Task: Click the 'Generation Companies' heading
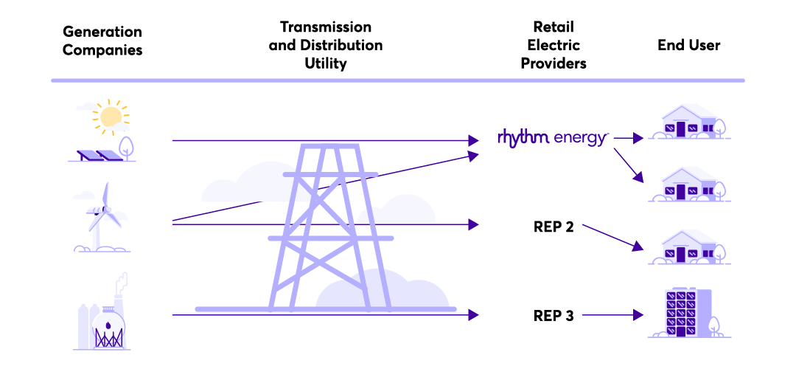point(102,41)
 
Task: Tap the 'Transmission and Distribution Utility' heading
point(326,45)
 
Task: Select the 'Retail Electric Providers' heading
point(554,45)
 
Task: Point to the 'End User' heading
point(689,45)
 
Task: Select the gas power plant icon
point(104,317)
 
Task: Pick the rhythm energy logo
point(553,137)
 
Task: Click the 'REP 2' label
point(554,227)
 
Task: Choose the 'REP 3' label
point(554,316)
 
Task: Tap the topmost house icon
point(689,122)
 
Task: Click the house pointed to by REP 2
point(689,247)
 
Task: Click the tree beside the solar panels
point(127,145)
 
